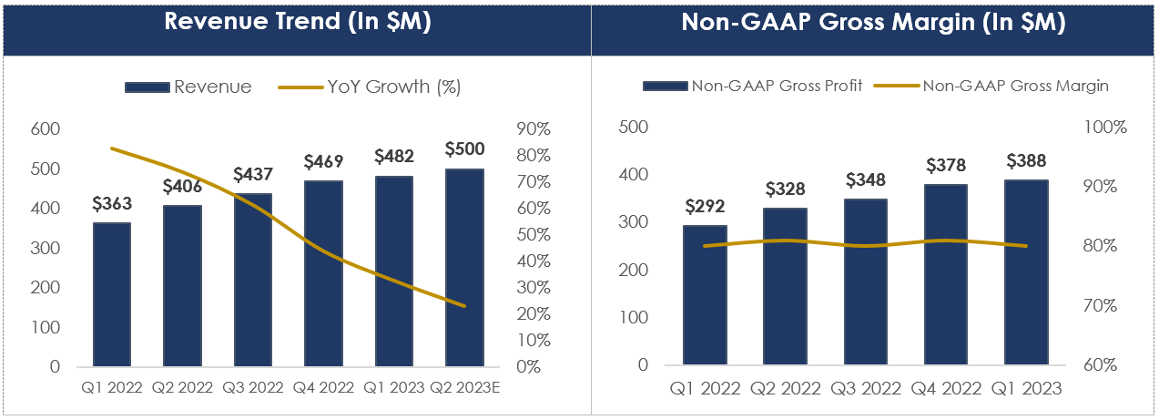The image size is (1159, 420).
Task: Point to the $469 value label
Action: click(x=323, y=161)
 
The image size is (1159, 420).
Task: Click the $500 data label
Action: click(x=464, y=149)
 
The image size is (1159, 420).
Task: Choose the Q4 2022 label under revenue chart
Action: click(x=323, y=386)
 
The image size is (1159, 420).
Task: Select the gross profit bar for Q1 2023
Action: click(x=1026, y=272)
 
